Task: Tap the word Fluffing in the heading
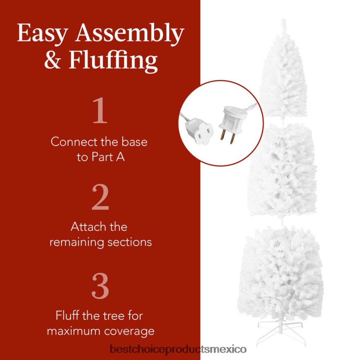tap(113, 60)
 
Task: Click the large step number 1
tap(100, 111)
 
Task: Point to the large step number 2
tap(100, 198)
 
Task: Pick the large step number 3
tap(100, 286)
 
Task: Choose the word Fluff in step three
tap(68, 316)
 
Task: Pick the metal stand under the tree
tap(280, 327)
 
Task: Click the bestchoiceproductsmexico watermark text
tap(178, 349)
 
